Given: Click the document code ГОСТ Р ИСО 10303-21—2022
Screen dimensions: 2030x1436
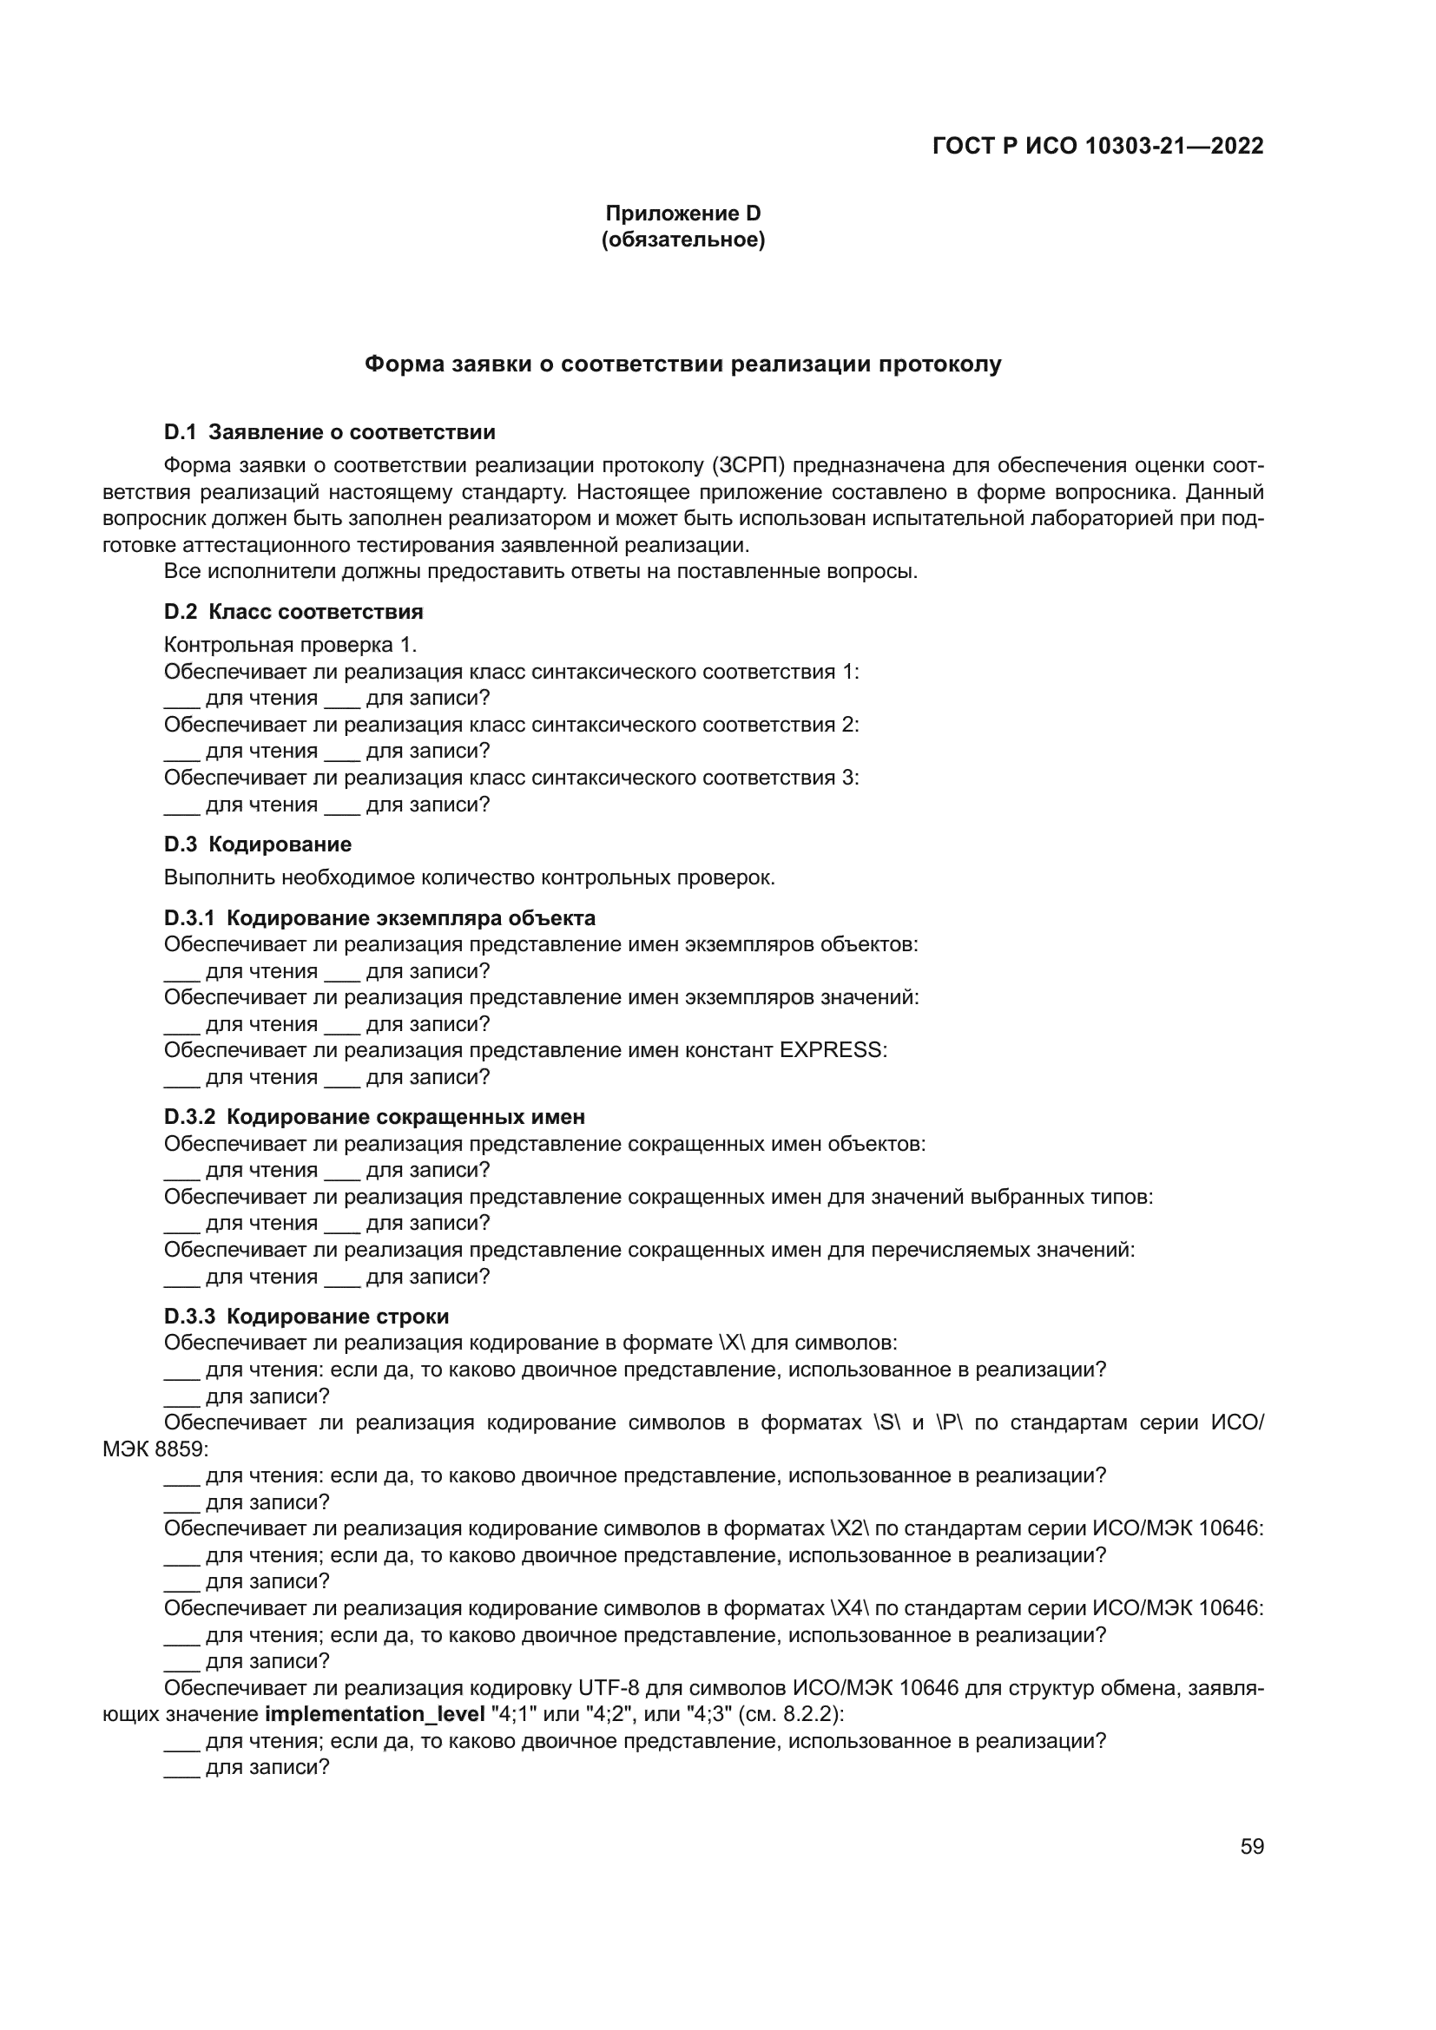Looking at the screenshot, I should coord(1097,146).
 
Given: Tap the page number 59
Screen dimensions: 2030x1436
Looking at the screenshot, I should coord(1251,1846).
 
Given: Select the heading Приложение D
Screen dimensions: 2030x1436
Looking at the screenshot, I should coord(682,214).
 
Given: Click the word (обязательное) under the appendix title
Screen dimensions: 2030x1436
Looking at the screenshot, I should coord(682,240).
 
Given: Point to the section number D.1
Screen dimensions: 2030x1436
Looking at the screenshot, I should coord(181,432).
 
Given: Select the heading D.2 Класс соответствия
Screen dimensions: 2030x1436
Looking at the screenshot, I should coord(293,612).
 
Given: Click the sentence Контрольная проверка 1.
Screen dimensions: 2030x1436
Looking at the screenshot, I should coord(290,645).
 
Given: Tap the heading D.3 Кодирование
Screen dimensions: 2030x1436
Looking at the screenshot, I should coord(257,844).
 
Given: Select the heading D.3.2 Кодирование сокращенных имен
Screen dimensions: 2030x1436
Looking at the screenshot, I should coord(374,1117).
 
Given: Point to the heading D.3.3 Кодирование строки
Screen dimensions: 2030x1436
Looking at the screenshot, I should coord(306,1317).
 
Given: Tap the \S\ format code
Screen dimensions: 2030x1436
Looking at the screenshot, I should coord(887,1422).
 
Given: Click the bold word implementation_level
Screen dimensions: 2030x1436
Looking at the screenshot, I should coord(375,1714).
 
